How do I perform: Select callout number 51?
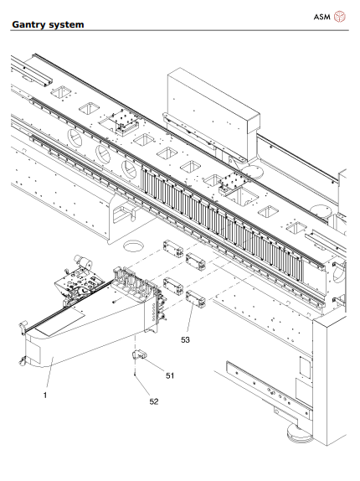tap(168, 376)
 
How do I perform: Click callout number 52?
tap(152, 402)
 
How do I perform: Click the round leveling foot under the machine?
tap(295, 434)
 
